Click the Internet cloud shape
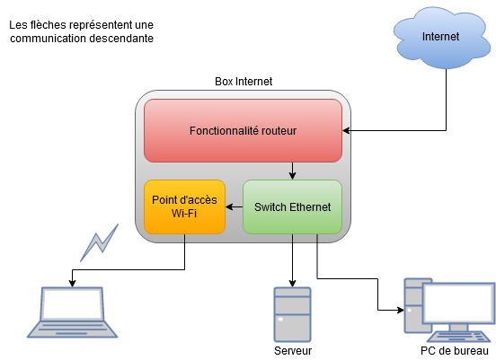(x=442, y=38)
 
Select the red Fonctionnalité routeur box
(x=243, y=130)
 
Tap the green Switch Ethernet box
(x=292, y=207)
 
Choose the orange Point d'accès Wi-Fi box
(x=184, y=207)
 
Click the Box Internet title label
(x=244, y=82)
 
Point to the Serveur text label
(x=293, y=350)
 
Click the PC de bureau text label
(x=455, y=350)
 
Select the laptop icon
(x=72, y=312)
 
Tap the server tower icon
(x=292, y=314)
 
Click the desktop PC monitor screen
(x=459, y=303)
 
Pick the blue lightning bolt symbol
(x=100, y=242)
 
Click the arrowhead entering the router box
(x=346, y=130)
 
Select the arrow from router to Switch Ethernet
(x=292, y=171)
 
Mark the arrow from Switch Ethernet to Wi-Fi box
(x=235, y=207)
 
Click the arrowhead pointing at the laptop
(x=72, y=283)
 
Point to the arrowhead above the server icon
(x=292, y=283)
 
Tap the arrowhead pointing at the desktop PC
(x=401, y=310)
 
